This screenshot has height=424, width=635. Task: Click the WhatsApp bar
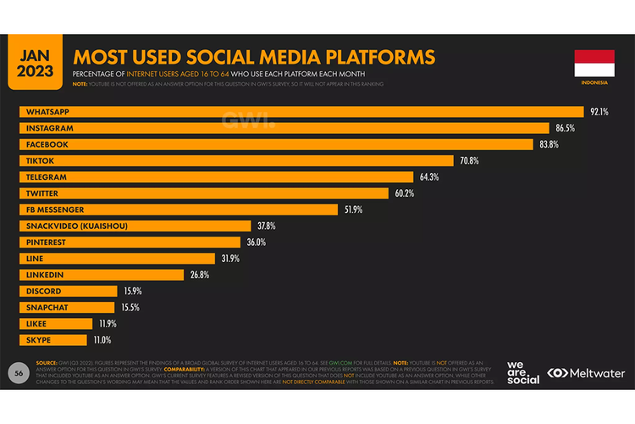[x=301, y=112]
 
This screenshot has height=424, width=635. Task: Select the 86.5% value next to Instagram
[x=565, y=128]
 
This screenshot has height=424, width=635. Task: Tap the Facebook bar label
[x=47, y=144]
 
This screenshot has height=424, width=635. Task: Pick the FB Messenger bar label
[x=55, y=209]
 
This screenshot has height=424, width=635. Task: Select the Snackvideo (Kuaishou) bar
[x=135, y=226]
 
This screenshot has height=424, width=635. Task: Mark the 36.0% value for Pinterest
[x=257, y=242]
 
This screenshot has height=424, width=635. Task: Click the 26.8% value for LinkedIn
[x=198, y=275]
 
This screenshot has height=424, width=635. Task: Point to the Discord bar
[x=69, y=291]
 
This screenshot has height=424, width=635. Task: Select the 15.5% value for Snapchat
[x=130, y=307]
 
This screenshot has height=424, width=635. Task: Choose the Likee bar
[x=56, y=323]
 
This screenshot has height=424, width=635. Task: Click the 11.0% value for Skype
[x=102, y=340]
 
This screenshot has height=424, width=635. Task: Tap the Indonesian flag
[x=594, y=64]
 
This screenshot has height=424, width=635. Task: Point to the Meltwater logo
[x=586, y=373]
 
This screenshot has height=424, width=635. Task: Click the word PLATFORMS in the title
[x=367, y=57]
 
